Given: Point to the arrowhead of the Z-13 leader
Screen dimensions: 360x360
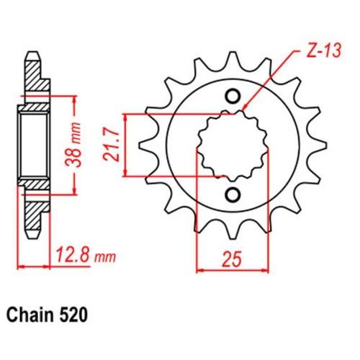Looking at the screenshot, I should (246, 110).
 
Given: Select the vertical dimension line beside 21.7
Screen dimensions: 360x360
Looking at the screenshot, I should (127, 145).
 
